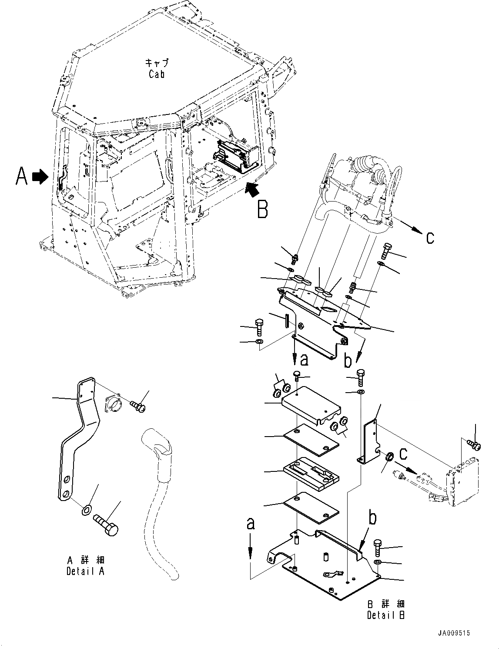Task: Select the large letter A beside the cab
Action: [21, 177]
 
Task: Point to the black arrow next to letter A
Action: [40, 177]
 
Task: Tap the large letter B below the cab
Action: [262, 209]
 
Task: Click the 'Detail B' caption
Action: [386, 609]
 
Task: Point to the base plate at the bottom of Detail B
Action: [331, 566]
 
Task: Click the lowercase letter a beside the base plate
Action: [250, 524]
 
